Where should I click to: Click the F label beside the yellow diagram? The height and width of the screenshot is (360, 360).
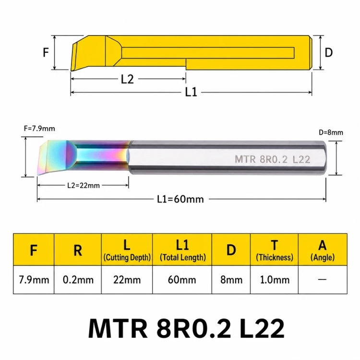[x=46, y=52]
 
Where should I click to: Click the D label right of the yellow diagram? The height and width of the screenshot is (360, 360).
[x=328, y=53]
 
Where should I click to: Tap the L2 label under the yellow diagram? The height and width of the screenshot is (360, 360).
[x=127, y=79]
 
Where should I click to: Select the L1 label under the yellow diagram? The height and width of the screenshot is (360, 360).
[x=191, y=92]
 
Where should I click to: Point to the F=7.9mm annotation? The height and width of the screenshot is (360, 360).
[x=39, y=128]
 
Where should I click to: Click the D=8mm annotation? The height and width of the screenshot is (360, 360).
[x=331, y=132]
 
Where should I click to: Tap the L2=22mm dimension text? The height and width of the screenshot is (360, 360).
[x=84, y=185]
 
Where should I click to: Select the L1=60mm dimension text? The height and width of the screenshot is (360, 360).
[x=180, y=199]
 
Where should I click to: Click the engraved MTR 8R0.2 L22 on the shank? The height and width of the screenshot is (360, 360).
[x=273, y=159]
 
